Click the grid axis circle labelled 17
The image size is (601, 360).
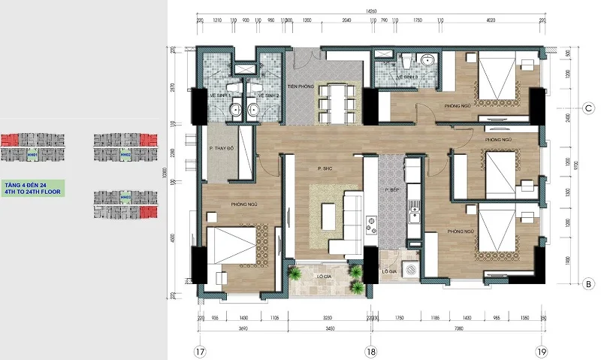[199, 350]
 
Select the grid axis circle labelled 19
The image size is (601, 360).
[540, 350]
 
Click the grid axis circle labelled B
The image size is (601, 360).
[586, 283]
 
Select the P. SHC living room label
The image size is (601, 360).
[325, 168]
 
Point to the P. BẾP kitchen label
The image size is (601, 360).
[391, 190]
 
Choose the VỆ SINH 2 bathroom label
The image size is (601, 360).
[268, 96]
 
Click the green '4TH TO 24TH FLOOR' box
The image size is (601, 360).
[32, 188]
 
